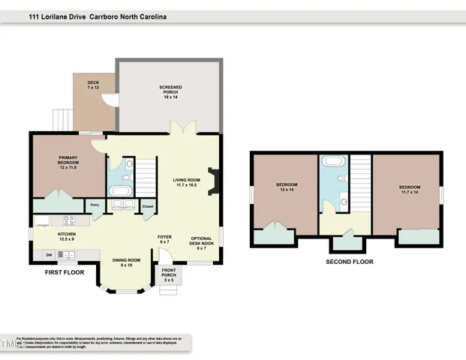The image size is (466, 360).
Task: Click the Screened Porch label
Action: [170, 92]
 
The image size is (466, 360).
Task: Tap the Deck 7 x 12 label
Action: [92, 85]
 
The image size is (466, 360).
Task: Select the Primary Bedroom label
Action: [68, 163]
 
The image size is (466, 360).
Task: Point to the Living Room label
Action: [187, 182]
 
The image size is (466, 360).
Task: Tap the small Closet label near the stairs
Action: [147, 205]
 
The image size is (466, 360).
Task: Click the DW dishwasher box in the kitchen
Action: [49, 255]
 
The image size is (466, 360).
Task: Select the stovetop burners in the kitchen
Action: [68, 220]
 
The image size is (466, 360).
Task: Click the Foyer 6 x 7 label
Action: [164, 240]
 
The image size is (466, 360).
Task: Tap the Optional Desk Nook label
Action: [203, 242]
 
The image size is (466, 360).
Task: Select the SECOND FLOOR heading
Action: [349, 262]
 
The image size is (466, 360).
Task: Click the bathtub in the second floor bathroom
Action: [331, 161]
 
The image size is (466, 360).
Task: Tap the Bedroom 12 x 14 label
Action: [287, 187]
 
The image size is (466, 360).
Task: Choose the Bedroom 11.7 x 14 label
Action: [409, 189]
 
